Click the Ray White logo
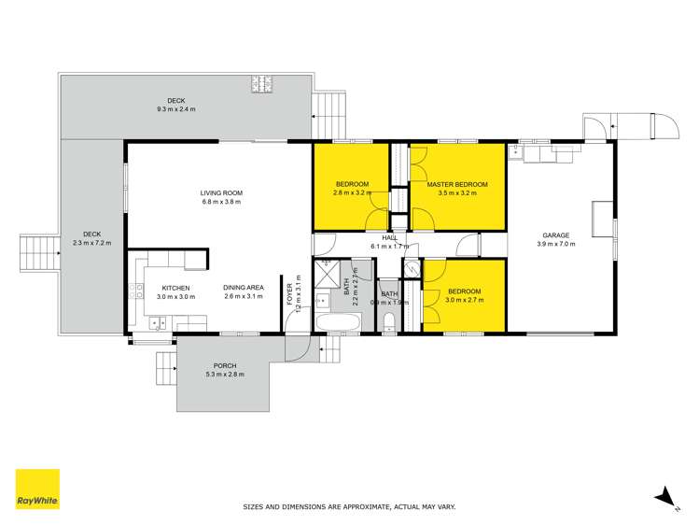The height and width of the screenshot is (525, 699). pyautogui.click(x=37, y=489)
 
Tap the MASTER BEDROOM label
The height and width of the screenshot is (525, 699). pyautogui.click(x=457, y=185)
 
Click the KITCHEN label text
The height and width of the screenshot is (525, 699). pyautogui.click(x=175, y=288)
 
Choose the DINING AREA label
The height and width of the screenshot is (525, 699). pyautogui.click(x=242, y=288)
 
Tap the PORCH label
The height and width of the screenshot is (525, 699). pyautogui.click(x=224, y=365)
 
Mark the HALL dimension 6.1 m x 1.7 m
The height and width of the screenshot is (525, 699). pyautogui.click(x=391, y=247)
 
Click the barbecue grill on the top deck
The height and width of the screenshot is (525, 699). pyautogui.click(x=260, y=86)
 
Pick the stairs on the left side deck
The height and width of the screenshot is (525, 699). pyautogui.click(x=36, y=251)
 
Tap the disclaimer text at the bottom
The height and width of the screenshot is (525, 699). pyautogui.click(x=349, y=507)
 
